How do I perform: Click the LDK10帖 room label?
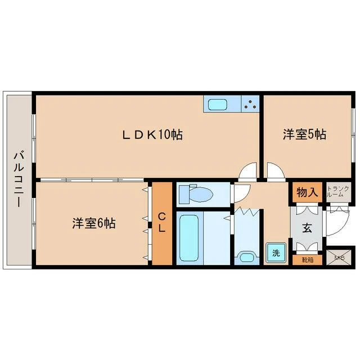[152, 134]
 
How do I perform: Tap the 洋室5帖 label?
[304, 134]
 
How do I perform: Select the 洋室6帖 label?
[94, 223]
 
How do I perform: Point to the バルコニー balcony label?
[19, 179]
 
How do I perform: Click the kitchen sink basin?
[217, 105]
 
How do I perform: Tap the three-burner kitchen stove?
[250, 104]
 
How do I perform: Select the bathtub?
[189, 238]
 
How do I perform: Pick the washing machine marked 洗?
[276, 253]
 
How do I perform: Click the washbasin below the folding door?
[246, 256]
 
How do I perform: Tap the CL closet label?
[162, 222]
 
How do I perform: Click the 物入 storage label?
[307, 192]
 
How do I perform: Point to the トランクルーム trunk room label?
[337, 192]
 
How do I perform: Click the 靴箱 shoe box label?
[308, 260]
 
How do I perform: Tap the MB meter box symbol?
[339, 258]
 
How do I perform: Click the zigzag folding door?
[248, 211]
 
